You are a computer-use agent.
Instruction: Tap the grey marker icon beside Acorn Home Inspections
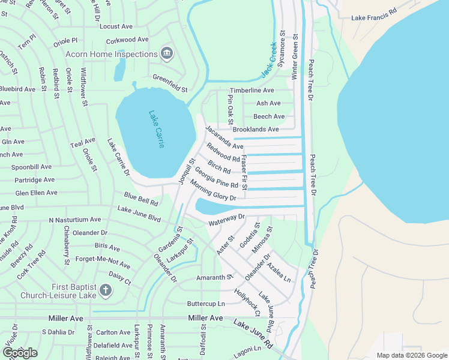pyautogui.click(x=167, y=53)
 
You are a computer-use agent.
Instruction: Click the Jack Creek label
pyautogui.click(x=268, y=60)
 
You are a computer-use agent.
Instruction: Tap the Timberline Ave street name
pyautogui.click(x=252, y=91)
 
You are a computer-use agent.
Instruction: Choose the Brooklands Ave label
pyautogui.click(x=256, y=129)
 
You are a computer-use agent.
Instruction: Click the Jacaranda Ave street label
pyautogui.click(x=224, y=138)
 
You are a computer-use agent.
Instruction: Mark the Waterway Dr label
pyautogui.click(x=228, y=220)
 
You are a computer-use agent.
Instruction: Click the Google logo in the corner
pyautogui.click(x=19, y=353)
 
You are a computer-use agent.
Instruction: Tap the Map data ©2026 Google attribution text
pyautogui.click(x=411, y=355)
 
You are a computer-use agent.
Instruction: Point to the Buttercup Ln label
pyautogui.click(x=205, y=304)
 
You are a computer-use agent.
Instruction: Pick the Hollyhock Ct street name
pyautogui.click(x=247, y=303)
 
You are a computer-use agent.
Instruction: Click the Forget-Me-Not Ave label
pyautogui.click(x=103, y=261)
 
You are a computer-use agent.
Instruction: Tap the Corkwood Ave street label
pyautogui.click(x=127, y=40)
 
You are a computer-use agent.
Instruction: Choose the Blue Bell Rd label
pyautogui.click(x=141, y=199)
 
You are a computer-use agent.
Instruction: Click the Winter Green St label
pyautogui.click(x=295, y=57)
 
